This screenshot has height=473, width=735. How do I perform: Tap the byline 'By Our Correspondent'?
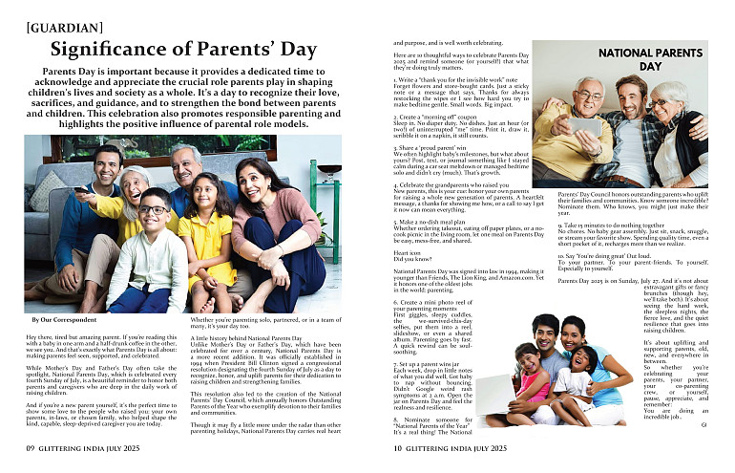(62, 318)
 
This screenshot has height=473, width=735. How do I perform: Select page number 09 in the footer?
(31, 447)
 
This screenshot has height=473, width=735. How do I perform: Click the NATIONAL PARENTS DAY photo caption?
(648, 61)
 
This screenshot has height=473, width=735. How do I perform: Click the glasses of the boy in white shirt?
(152, 210)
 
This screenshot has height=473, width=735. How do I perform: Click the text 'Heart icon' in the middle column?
(408, 251)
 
